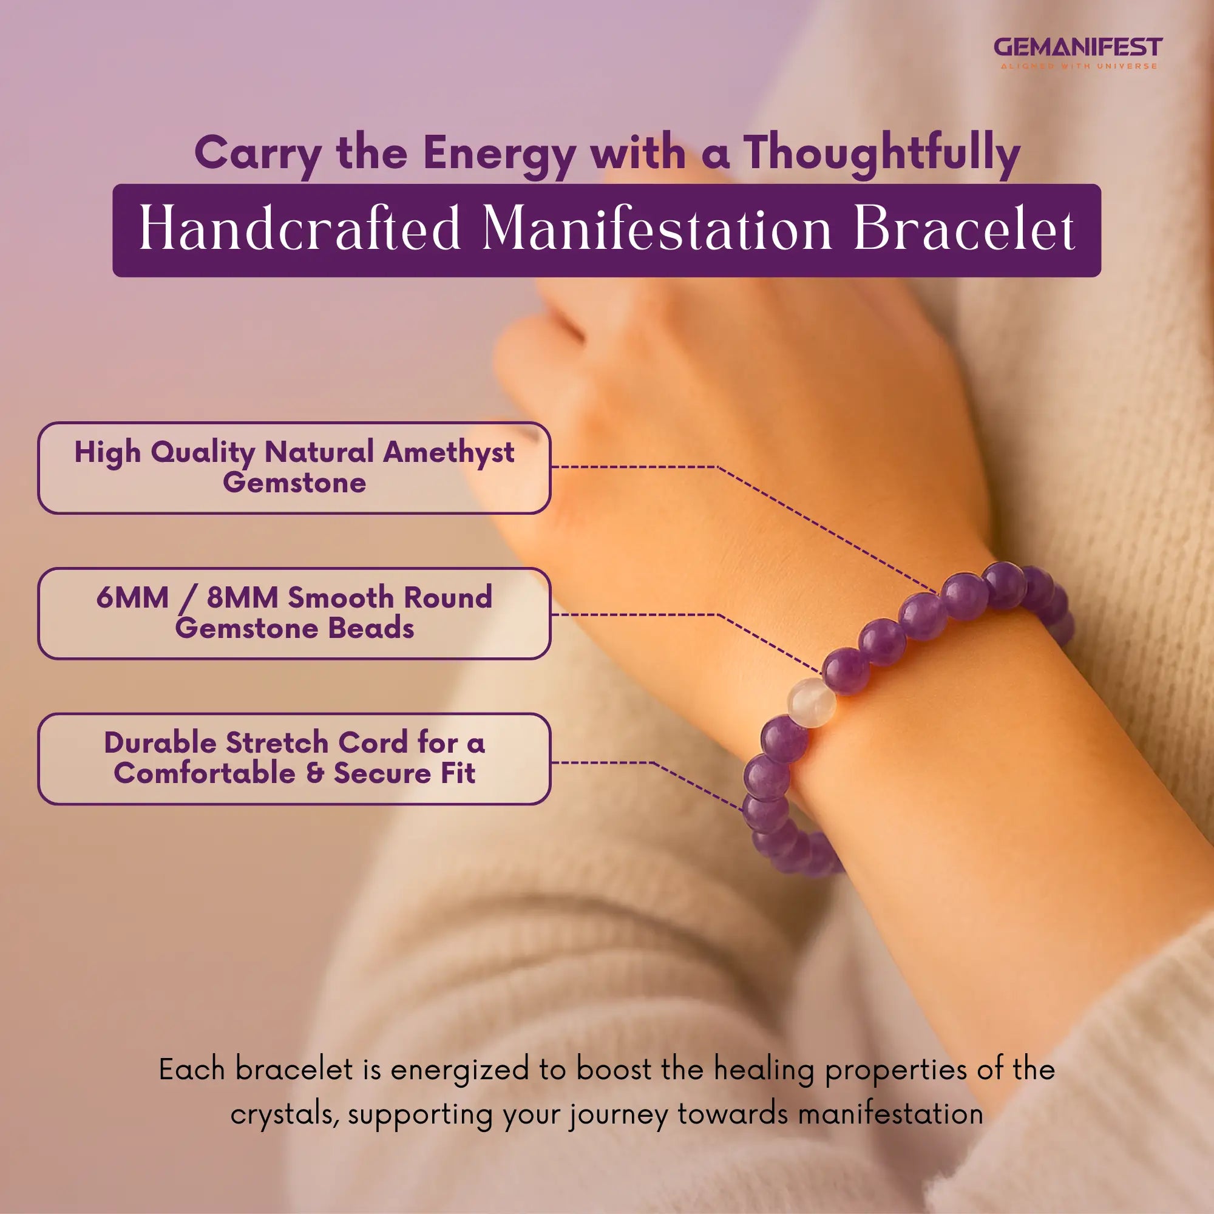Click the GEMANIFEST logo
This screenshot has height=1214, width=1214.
point(1077,47)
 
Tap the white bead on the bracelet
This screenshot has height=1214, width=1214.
point(811,702)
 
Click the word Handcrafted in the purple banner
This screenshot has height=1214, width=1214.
point(300,229)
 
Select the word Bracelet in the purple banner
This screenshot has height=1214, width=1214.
point(964,229)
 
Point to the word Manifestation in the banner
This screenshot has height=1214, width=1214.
point(657,229)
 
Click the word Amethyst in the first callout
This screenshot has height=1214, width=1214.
point(449,452)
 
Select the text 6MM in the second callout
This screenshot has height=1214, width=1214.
point(132,597)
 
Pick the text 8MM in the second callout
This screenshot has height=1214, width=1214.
point(243,597)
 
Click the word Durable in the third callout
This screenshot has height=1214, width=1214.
point(160,743)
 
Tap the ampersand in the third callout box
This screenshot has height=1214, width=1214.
point(315,773)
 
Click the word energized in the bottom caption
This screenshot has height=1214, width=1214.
point(460,1070)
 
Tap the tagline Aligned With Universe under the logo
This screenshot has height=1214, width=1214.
point(1078,66)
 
